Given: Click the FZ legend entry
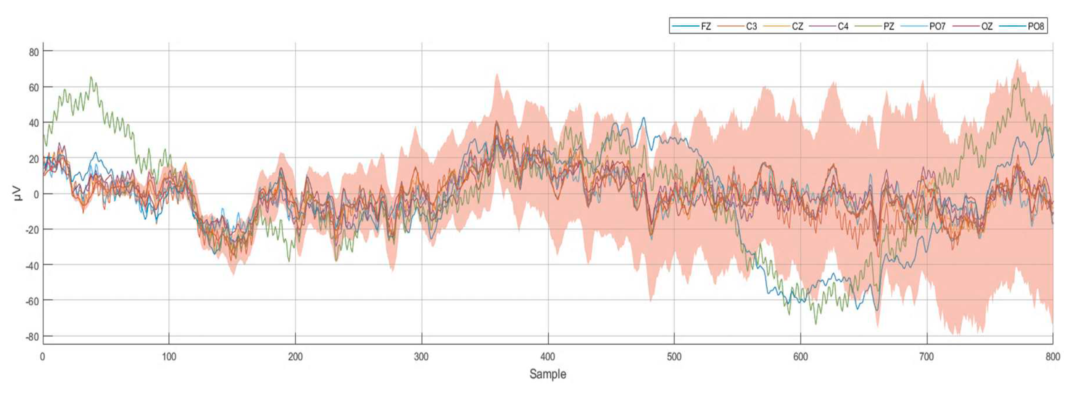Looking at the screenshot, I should (x=706, y=26).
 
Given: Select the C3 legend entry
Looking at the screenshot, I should (x=751, y=26).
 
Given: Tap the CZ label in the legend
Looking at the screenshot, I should (x=797, y=26).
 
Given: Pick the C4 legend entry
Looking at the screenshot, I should (x=843, y=26).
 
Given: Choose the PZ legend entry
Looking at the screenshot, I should (x=888, y=26).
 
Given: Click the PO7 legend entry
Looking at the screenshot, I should (x=937, y=26).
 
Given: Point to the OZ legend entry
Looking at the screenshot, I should (x=987, y=26).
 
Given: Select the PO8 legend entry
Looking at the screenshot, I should (x=1035, y=26).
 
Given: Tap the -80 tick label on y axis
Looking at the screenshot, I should (x=32, y=337).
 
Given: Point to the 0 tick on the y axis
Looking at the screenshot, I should (x=36, y=194).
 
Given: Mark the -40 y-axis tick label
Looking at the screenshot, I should (x=32, y=265).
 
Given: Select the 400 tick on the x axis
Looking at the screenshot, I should (x=547, y=357).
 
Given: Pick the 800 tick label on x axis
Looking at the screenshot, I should (x=1053, y=357).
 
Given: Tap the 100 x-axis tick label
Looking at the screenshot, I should (x=169, y=357).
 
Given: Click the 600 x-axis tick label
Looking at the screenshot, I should (x=800, y=357).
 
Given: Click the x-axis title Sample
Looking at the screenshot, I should (x=547, y=374).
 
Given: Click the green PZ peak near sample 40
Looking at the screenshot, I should (x=91, y=78).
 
